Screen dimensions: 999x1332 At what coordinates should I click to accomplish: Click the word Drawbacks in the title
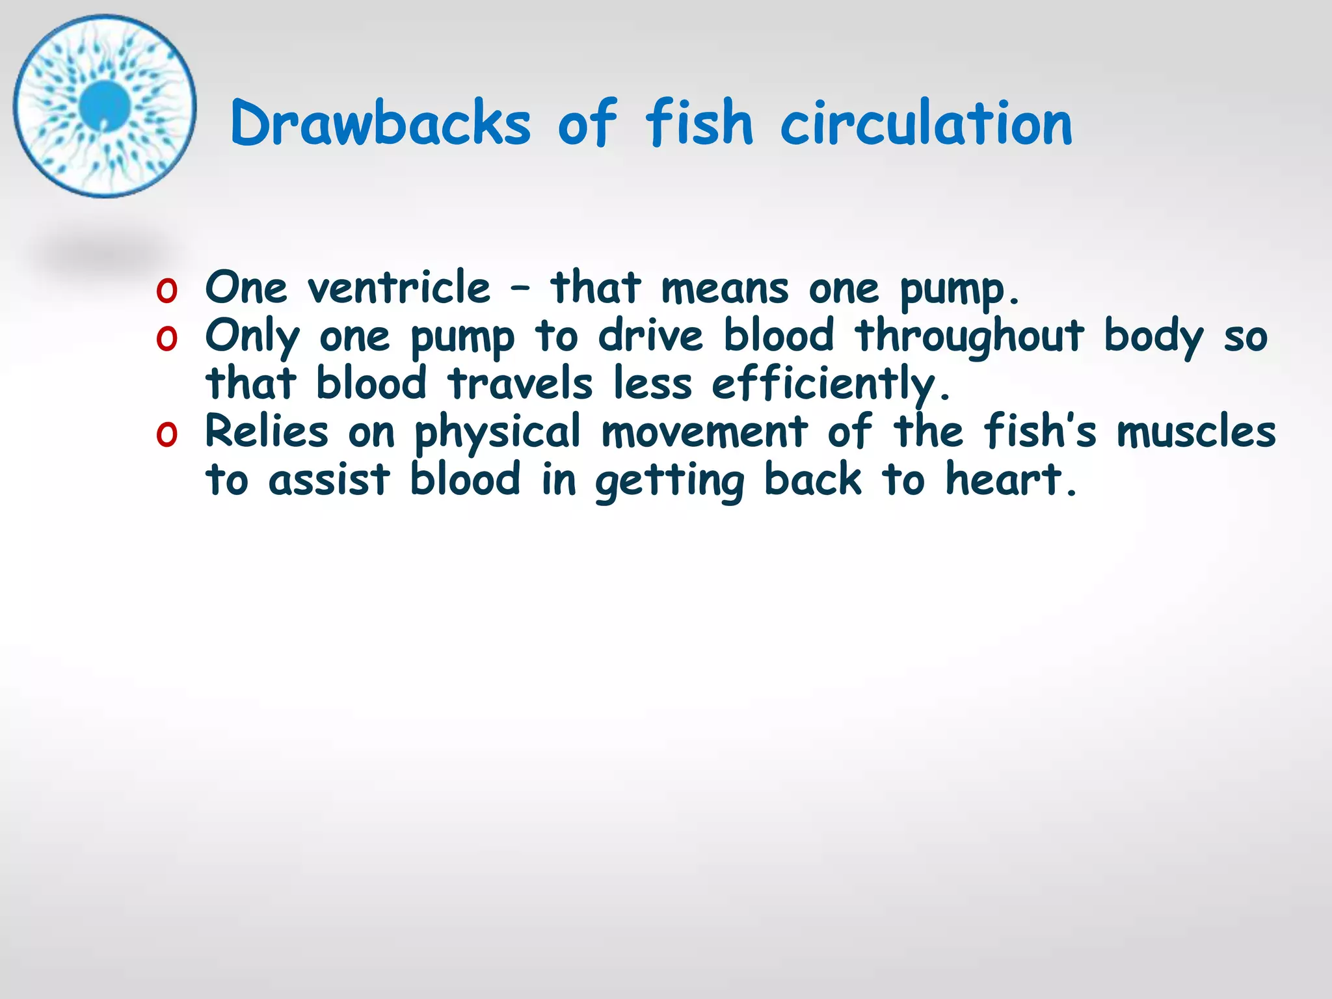coord(380,123)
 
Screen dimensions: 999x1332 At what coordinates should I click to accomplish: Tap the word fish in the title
coord(699,123)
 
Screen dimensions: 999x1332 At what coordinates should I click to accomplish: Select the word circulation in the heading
coord(926,123)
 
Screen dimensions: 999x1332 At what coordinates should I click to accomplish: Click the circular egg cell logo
coord(104,105)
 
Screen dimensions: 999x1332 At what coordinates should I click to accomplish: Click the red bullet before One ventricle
coord(166,291)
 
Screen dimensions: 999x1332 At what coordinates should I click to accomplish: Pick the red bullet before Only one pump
coord(166,339)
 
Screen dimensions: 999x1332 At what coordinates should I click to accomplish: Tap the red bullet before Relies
coord(166,434)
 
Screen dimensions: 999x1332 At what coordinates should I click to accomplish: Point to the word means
coord(725,288)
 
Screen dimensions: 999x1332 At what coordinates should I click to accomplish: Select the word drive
coord(650,336)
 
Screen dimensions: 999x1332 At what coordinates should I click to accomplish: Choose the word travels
coord(520,383)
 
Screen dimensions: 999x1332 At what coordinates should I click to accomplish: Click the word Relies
coord(267,431)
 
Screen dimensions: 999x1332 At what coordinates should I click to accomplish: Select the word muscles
coord(1196,433)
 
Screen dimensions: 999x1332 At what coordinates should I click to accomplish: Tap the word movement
coord(704,432)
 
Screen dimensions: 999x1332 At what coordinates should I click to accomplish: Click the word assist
coord(329,480)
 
